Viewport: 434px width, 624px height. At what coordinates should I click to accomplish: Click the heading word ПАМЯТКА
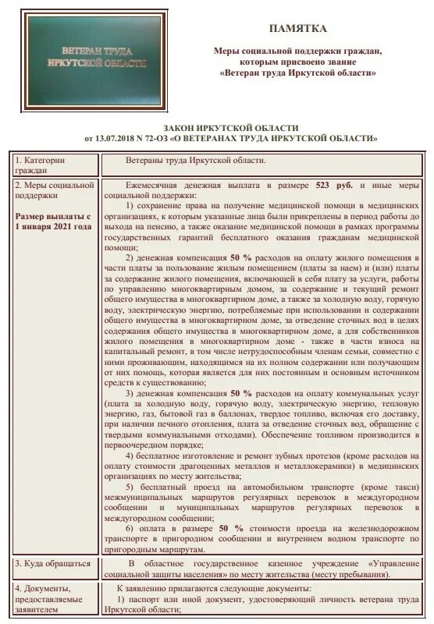(298, 29)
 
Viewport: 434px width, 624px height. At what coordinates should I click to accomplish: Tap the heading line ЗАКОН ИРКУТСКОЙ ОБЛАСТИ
(231, 127)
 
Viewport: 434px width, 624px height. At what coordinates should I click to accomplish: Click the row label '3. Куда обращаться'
(48, 562)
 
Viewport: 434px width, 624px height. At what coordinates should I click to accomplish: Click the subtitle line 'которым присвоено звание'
(298, 61)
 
